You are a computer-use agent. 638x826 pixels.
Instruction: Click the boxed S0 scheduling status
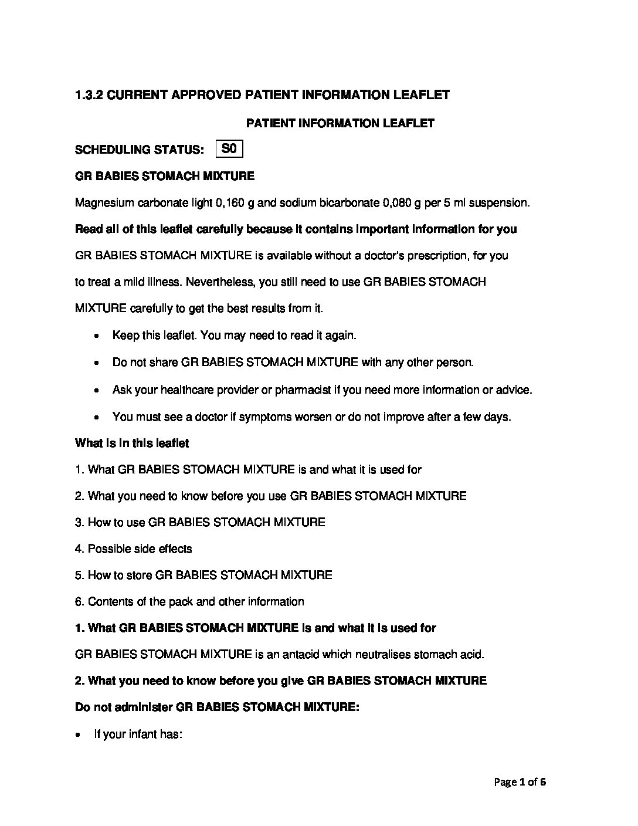pos(229,149)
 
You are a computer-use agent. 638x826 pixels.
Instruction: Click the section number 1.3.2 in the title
pos(89,95)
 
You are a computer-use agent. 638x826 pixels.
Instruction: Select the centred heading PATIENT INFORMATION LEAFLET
pos(340,123)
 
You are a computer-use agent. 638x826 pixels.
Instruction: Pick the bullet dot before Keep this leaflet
pos(97,336)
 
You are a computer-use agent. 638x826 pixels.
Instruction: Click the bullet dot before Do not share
pos(97,363)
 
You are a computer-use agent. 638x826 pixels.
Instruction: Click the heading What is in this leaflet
pos(132,444)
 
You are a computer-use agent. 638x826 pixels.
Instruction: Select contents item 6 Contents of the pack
pos(189,602)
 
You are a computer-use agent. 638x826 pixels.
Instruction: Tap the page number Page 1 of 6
pos(520,782)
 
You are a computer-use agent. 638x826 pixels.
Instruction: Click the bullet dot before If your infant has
pos(79,735)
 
